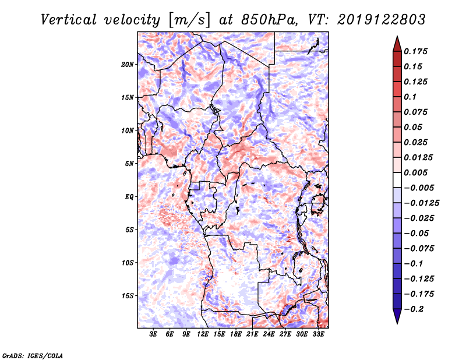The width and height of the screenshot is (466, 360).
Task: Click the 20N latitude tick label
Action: pyautogui.click(x=128, y=64)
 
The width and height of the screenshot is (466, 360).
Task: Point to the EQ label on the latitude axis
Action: pyautogui.click(x=129, y=197)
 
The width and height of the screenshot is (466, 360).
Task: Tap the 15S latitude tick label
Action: pyautogui.click(x=128, y=296)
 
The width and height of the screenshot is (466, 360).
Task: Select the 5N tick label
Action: pyautogui.click(x=129, y=164)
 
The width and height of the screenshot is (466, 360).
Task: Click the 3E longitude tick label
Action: pyautogui.click(x=153, y=334)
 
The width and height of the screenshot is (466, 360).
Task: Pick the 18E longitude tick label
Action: pyautogui.click(x=236, y=334)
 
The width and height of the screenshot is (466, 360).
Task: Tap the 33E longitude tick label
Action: pyautogui.click(x=318, y=334)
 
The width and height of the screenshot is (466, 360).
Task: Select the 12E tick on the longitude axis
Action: pyautogui.click(x=203, y=334)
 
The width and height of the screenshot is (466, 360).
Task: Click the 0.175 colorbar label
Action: pyautogui.click(x=415, y=51)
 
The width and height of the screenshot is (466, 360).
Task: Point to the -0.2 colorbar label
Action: pyautogui.click(x=414, y=309)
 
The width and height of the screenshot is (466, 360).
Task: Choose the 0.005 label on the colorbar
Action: pyautogui.click(x=415, y=172)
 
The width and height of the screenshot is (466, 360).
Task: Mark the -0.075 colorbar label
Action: pyautogui.click(x=419, y=249)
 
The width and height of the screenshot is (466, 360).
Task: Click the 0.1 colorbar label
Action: pyautogui.click(x=410, y=97)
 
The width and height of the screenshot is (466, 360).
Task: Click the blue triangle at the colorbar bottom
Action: pyautogui.click(x=397, y=316)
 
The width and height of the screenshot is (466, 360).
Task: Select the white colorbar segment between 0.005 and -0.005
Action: pyautogui.click(x=397, y=180)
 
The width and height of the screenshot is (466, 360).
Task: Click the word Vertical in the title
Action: pyautogui.click(x=69, y=20)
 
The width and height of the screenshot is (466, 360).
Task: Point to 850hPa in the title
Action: pyautogui.click(x=269, y=20)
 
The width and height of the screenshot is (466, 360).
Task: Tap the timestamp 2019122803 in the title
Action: pyautogui.click(x=382, y=20)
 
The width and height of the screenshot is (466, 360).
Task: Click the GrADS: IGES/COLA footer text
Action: pyautogui.click(x=33, y=355)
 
